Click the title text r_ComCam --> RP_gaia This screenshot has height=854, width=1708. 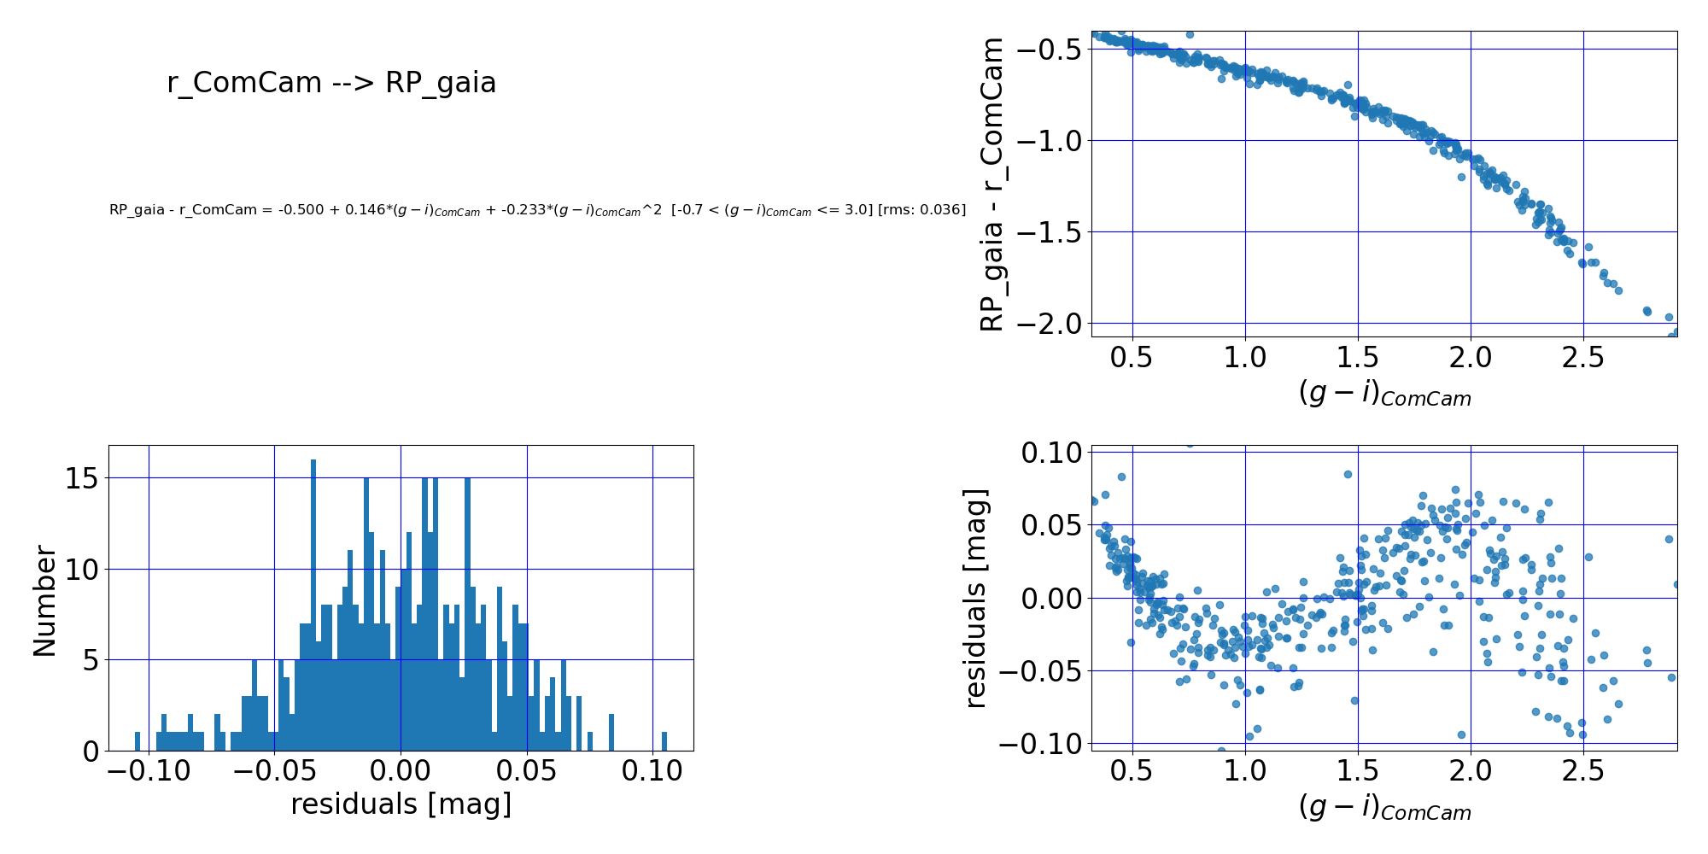[x=331, y=83]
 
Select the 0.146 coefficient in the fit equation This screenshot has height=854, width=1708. [x=364, y=210]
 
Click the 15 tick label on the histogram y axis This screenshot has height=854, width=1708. [x=82, y=478]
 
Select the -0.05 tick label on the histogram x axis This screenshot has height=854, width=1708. [x=274, y=771]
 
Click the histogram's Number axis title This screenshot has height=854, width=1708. [x=44, y=601]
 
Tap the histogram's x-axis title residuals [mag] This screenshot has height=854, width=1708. [x=401, y=804]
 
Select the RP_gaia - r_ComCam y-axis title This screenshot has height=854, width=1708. [x=991, y=184]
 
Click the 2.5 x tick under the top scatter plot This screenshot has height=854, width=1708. [x=1583, y=357]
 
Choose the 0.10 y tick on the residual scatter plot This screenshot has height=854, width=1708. [x=1052, y=453]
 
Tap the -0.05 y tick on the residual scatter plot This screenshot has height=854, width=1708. [x=1043, y=671]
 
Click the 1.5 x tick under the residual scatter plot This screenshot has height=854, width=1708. [x=1358, y=772]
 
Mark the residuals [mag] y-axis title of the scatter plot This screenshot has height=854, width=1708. [x=975, y=598]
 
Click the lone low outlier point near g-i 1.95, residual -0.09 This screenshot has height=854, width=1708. [x=1461, y=734]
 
